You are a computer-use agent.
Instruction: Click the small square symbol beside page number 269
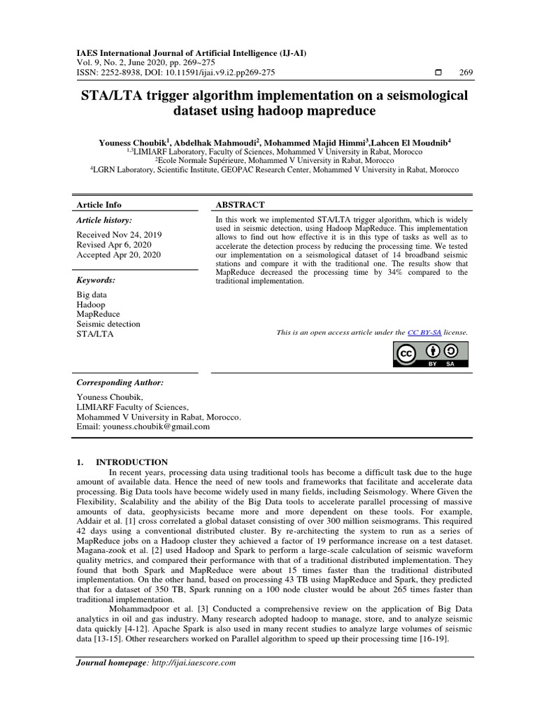(438, 73)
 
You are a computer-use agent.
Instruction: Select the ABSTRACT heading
(240, 205)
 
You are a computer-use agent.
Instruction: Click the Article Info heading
(99, 205)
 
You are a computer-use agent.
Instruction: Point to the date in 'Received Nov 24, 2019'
(137, 235)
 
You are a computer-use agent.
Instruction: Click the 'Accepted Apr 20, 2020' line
(118, 255)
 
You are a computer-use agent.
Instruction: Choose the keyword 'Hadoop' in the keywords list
(91, 305)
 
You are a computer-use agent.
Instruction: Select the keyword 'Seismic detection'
(108, 324)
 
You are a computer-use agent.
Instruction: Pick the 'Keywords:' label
(96, 280)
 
